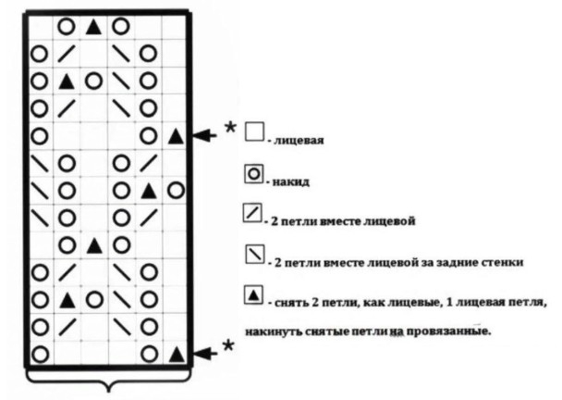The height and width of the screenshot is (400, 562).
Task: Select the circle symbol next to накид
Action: coord(254,172)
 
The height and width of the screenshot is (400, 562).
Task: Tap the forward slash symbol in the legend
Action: coord(254,214)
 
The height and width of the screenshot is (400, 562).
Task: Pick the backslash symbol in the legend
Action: coord(254,255)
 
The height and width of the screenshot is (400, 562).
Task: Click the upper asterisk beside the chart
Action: coord(230,126)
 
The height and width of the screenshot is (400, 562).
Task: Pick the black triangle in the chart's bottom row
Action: coord(176,353)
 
